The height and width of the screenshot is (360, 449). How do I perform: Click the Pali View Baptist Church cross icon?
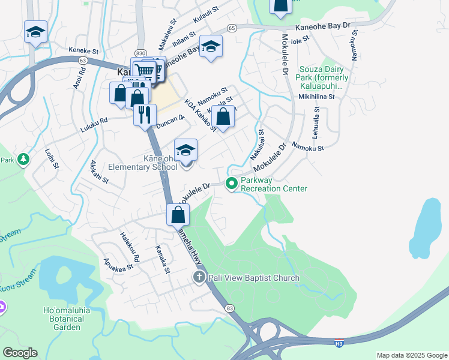click(x=199, y=277)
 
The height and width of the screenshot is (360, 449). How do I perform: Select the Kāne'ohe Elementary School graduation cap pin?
click(x=185, y=150)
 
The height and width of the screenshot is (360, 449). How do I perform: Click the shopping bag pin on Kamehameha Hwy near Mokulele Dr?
click(x=178, y=215)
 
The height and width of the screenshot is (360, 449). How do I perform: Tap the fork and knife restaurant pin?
click(x=145, y=115)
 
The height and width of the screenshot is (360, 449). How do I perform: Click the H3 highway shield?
click(x=339, y=341)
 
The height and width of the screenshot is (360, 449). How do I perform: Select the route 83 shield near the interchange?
click(x=231, y=308)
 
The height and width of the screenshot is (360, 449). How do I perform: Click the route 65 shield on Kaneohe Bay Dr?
click(x=232, y=28)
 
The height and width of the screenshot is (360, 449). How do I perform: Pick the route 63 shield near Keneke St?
click(x=83, y=61)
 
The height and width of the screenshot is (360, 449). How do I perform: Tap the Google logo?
click(x=20, y=353)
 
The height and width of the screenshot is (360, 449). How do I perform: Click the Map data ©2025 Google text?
click(x=411, y=355)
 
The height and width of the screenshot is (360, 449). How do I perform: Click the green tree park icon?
click(x=23, y=160)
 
